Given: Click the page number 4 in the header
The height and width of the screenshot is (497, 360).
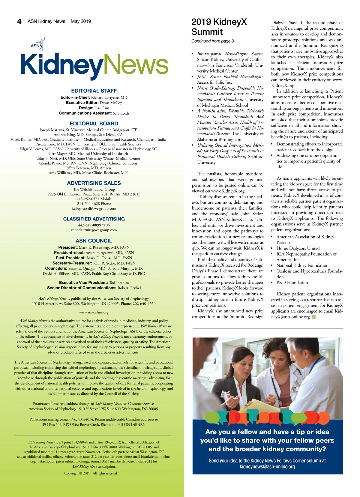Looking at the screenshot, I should [19, 21].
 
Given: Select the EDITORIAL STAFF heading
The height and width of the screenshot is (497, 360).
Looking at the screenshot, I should [94, 91].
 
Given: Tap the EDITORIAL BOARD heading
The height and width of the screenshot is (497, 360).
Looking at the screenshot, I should [94, 124].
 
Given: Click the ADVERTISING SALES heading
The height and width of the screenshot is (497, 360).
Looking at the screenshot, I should [94, 183].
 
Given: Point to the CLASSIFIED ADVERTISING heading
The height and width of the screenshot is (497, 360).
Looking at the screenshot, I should [94, 219].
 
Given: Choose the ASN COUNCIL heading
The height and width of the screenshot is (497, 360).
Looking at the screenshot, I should [94, 241].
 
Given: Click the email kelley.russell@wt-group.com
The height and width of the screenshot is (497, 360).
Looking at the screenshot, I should [94, 208].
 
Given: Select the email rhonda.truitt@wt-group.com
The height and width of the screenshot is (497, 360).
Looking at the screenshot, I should [94, 230].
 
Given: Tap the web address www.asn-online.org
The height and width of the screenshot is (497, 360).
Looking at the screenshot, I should [94, 312].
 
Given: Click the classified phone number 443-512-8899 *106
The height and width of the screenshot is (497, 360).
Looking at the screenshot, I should [94, 225].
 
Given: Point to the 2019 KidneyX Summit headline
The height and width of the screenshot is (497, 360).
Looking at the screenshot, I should [219, 27].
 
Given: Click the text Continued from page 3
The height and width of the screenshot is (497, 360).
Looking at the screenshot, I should [212, 41].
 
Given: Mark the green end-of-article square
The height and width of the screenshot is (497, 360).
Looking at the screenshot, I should [314, 317].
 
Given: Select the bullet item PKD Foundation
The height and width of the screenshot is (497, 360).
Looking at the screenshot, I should [292, 283].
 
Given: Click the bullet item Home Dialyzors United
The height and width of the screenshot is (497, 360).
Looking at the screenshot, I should [298, 248].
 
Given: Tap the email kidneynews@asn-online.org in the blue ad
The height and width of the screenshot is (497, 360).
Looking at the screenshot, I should [267, 467].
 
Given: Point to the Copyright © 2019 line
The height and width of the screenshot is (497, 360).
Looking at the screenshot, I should [90, 473].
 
